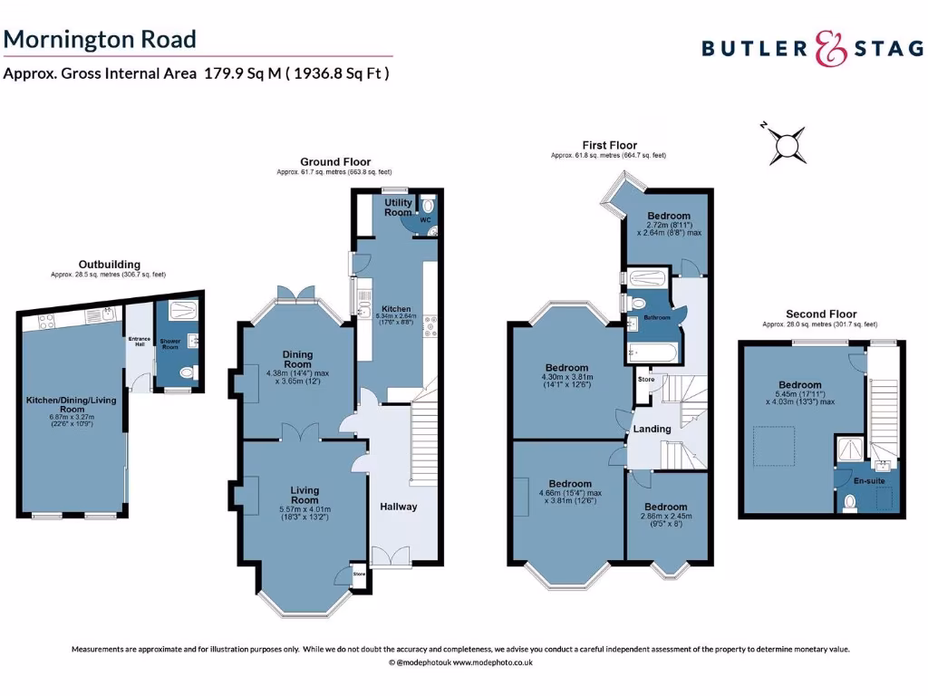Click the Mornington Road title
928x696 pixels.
click(x=100, y=39)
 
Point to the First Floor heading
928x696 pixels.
click(x=609, y=145)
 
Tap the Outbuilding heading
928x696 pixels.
click(x=109, y=265)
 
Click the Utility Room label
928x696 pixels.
click(x=398, y=207)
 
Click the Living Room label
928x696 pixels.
click(x=304, y=495)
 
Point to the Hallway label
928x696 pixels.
click(x=398, y=507)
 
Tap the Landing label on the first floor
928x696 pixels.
click(x=652, y=429)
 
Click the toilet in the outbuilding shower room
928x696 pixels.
click(x=186, y=372)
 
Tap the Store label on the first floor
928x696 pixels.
click(x=646, y=379)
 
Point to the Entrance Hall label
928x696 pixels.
click(x=139, y=343)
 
